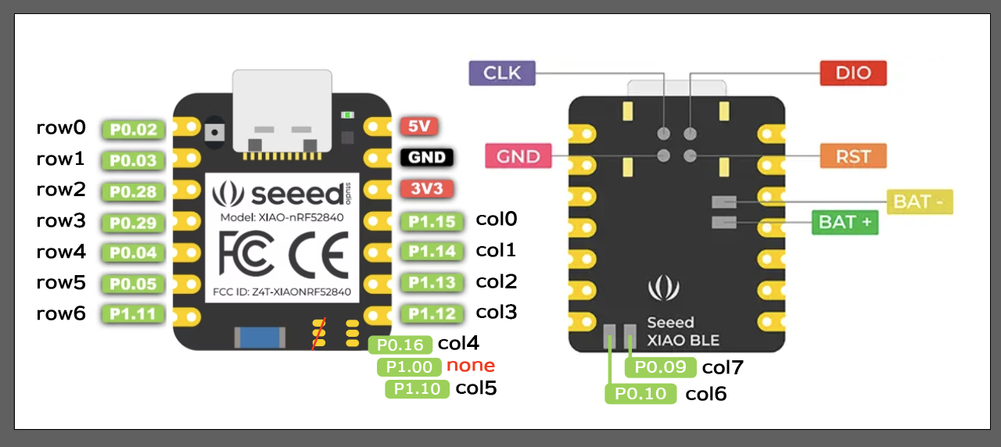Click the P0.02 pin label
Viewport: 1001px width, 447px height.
133,130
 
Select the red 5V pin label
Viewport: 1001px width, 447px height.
418,127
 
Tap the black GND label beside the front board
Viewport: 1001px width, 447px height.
427,157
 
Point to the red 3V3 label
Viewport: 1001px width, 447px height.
427,188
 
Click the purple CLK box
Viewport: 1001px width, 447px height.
502,73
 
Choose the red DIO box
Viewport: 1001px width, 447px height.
853,73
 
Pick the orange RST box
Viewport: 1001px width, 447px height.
853,156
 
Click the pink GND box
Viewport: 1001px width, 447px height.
518,156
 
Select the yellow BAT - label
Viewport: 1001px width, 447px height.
920,202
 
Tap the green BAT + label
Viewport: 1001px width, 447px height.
845,223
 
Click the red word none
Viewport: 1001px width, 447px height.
471,365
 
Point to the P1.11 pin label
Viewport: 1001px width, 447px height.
133,314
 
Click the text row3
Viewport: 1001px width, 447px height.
61,220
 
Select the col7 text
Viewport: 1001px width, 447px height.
723,367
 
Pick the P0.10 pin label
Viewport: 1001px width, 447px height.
640,394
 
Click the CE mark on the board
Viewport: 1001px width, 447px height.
318,255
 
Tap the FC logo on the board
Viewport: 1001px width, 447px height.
246,254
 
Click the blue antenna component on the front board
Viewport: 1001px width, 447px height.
260,337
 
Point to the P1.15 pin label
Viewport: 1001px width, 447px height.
432,221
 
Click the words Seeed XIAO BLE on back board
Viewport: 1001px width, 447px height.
683,331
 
